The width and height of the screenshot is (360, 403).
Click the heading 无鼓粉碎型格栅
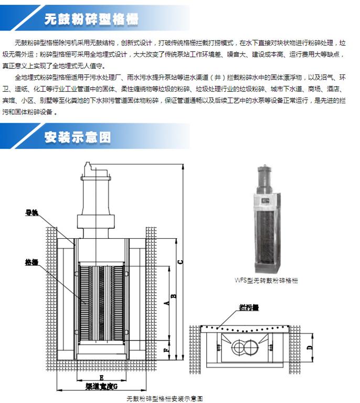tap(91, 20)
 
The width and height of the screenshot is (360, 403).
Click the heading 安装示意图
tap(78, 137)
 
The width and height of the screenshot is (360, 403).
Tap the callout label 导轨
tap(32, 213)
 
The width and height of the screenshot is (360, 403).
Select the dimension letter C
tap(180, 261)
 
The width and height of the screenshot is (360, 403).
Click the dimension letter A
tap(166, 303)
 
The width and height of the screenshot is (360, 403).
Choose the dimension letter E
tap(100, 377)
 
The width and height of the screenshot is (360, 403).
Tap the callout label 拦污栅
tap(249, 307)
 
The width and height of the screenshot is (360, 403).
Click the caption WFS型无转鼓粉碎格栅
tap(266, 280)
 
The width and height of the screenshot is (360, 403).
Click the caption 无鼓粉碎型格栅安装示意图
tap(164, 398)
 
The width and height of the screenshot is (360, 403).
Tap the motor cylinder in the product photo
tap(265, 178)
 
